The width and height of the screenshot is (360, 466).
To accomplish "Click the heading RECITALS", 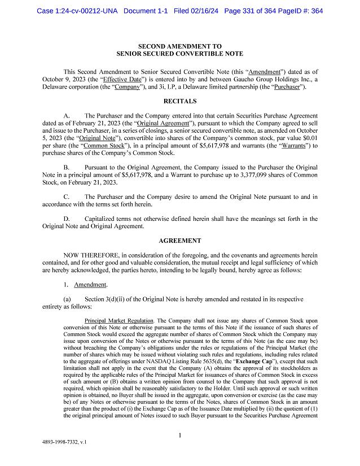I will (179, 101).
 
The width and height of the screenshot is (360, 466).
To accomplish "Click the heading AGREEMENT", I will (179, 240).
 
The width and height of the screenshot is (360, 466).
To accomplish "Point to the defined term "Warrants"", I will (291, 146).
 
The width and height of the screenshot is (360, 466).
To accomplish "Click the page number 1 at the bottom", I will (179, 435).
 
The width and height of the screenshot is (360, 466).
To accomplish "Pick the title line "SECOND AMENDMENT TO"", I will (179, 46).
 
